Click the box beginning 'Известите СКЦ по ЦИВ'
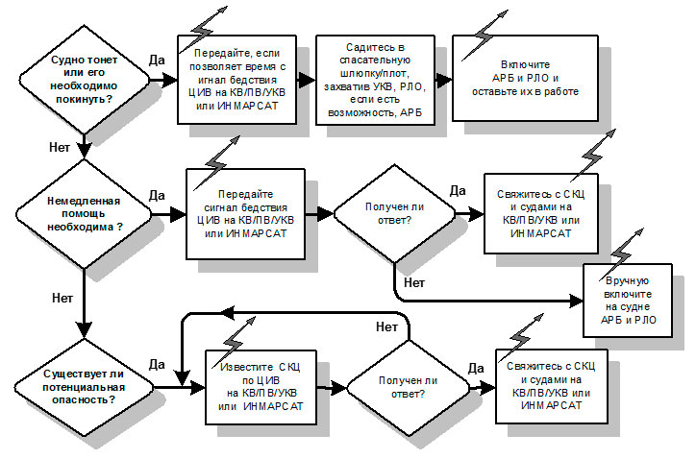click(x=261, y=387)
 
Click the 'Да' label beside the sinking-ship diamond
click(x=156, y=60)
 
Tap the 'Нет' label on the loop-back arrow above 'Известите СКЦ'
click(x=386, y=327)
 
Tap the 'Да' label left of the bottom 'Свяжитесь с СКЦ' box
click(x=475, y=367)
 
